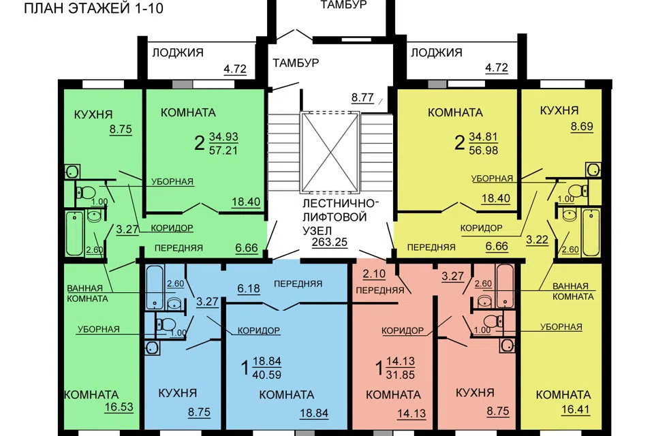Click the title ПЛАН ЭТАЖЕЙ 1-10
pos(93,8)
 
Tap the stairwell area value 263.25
pos(330,242)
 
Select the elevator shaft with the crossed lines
pos(330,152)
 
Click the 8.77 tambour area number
pos(362,97)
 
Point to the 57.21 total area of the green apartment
pos(223,150)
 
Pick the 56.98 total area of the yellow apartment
pos(484,150)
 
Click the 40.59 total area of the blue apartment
pos(266,375)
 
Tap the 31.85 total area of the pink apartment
pos(401,375)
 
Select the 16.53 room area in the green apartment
pos(119,407)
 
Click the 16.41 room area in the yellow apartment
pos(575,409)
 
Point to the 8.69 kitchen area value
pos(582,126)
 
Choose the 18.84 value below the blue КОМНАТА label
pos(314,413)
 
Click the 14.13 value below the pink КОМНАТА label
pos(411,413)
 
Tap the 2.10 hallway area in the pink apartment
pos(374,274)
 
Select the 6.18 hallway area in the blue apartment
pos(249,288)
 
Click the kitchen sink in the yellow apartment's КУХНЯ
pos(593,170)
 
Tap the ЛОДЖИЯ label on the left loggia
pos(178,52)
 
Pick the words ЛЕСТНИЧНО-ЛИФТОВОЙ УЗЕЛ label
pos(341,217)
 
